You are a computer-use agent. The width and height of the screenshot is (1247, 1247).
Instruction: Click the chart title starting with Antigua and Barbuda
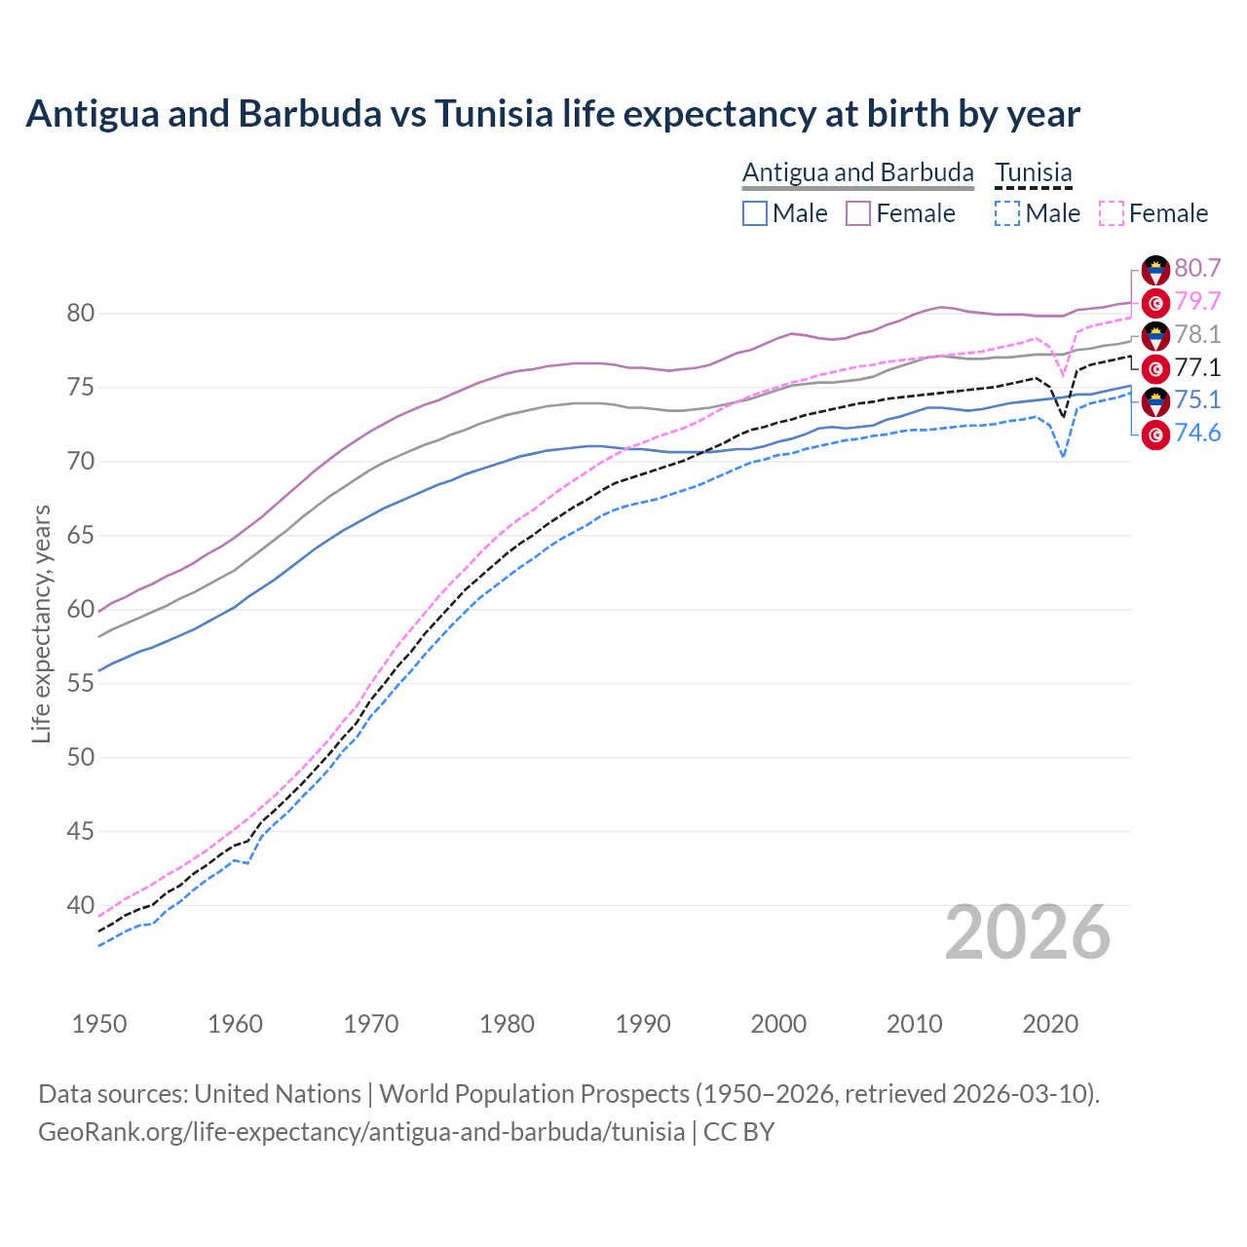(552, 114)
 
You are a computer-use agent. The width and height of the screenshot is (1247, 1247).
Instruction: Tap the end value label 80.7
(1197, 269)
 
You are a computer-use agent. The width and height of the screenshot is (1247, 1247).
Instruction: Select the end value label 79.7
(1197, 302)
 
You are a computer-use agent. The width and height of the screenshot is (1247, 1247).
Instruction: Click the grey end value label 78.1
(1197, 335)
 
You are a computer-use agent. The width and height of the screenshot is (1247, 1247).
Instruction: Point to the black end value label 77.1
(1197, 368)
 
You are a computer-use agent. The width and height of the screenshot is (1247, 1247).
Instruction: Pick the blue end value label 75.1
(1197, 400)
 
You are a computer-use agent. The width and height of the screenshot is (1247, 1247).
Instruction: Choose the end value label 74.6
(1197, 434)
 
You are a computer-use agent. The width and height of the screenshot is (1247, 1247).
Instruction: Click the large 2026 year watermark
(1027, 932)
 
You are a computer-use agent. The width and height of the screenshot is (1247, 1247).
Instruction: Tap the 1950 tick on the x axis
(99, 1024)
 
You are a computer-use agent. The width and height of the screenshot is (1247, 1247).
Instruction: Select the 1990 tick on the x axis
(643, 1024)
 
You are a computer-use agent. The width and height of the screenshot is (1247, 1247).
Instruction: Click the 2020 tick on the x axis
(1050, 1024)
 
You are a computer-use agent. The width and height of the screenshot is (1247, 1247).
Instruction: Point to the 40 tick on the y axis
(80, 906)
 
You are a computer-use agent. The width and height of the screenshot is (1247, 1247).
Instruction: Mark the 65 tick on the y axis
(80, 536)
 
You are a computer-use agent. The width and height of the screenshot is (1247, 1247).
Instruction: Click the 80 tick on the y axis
(80, 314)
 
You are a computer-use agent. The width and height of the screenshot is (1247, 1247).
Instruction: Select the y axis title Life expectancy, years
(41, 623)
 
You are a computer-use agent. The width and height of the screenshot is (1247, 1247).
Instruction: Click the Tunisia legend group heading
(1033, 173)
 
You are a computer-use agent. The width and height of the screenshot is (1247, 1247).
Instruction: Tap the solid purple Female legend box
(858, 213)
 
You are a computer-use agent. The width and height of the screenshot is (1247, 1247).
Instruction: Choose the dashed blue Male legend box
(1007, 213)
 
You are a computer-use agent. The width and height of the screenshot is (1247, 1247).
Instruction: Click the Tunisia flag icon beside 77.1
(1155, 368)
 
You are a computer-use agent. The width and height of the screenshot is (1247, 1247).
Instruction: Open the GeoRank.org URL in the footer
(361, 1132)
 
